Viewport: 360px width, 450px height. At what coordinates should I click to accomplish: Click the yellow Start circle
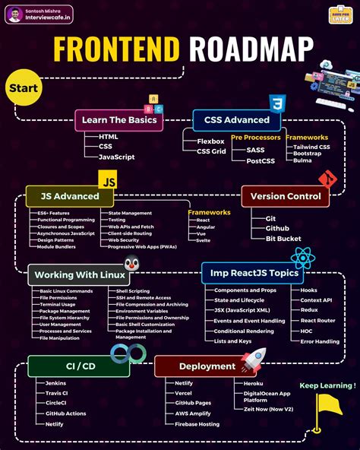coord(24,88)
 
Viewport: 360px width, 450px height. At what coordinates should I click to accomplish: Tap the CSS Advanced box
coord(236,119)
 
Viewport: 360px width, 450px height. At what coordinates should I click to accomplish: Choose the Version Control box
coord(285,196)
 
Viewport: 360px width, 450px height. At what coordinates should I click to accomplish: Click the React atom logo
coord(302,258)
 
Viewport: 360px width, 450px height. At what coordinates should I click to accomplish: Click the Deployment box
coord(197,366)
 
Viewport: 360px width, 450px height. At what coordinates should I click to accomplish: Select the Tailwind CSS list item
coord(311,147)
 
